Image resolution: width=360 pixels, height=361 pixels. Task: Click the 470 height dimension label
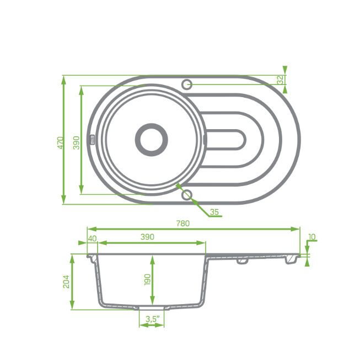[60, 143]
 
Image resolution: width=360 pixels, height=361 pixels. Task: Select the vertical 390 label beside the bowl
[76, 143]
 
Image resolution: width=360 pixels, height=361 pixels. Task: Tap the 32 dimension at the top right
[280, 80]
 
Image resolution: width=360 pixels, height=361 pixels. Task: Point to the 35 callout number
[214, 212]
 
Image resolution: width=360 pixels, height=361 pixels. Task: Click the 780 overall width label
[183, 224]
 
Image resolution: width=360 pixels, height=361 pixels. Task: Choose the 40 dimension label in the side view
[92, 238]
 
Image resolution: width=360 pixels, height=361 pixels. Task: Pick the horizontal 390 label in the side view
[147, 237]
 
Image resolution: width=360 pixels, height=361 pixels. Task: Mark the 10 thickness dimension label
[312, 237]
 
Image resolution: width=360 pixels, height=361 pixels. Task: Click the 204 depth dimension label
[66, 282]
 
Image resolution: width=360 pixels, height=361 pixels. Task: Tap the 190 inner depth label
[147, 280]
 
